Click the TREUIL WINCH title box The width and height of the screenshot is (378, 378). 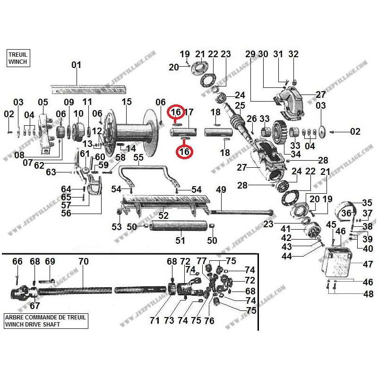[17, 58]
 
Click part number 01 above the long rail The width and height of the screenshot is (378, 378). [76, 65]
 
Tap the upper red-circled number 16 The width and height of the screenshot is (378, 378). [176, 112]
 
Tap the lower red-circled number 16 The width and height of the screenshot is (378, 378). [183, 152]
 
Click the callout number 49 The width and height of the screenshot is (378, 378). [221, 189]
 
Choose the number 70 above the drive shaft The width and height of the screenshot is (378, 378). [83, 261]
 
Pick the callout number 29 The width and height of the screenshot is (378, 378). [250, 54]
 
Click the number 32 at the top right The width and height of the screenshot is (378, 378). [293, 54]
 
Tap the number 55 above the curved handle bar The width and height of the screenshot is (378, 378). [138, 157]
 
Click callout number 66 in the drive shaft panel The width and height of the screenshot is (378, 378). [17, 261]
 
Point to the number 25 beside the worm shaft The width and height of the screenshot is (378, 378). [240, 105]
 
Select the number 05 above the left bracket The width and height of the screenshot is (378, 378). [43, 102]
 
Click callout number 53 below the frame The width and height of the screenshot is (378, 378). [117, 227]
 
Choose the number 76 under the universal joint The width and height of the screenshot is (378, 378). [209, 321]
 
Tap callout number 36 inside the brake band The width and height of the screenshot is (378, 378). [346, 213]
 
